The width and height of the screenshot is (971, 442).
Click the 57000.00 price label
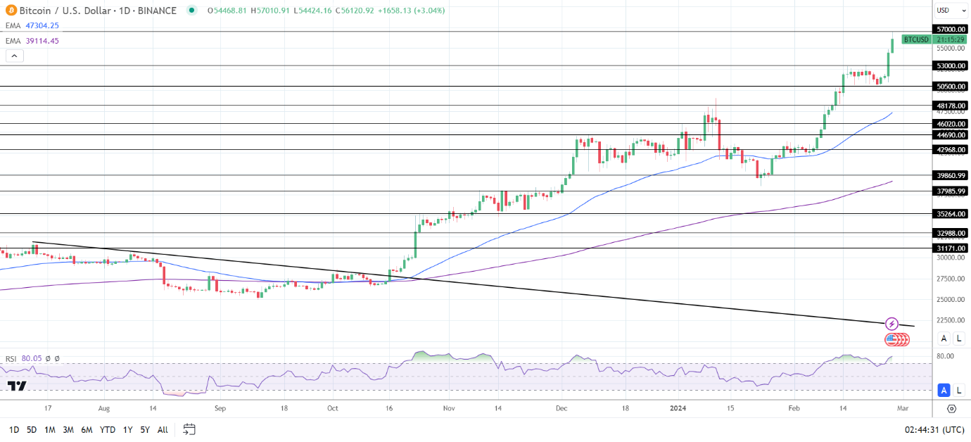click(950, 29)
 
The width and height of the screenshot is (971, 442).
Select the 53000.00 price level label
click(950, 65)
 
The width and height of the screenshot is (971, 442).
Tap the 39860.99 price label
click(950, 175)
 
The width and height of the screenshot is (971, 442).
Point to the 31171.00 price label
click(950, 248)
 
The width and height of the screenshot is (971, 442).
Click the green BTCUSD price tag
click(916, 39)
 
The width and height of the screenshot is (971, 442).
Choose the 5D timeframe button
click(32, 429)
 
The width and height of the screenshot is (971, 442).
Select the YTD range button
click(108, 429)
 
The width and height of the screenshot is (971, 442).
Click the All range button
click(163, 429)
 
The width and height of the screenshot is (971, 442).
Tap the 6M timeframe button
click(87, 429)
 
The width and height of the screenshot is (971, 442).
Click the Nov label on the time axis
click(449, 408)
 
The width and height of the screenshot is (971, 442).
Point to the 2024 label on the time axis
click(678, 408)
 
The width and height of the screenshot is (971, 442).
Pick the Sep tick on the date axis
click(220, 408)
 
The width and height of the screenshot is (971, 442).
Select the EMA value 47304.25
click(42, 25)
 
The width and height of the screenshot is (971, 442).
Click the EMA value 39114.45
click(42, 41)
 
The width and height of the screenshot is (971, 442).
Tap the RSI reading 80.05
click(32, 359)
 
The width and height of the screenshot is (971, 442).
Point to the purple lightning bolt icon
click(891, 324)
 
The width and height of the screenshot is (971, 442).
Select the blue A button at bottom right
click(944, 390)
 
